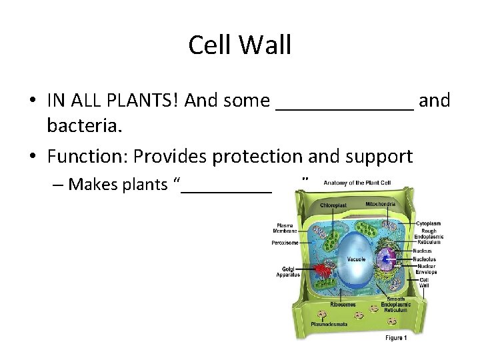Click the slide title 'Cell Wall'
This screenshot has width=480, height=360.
tap(240, 45)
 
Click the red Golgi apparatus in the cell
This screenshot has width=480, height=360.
tap(323, 270)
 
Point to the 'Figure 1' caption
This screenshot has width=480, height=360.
tap(394, 339)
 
